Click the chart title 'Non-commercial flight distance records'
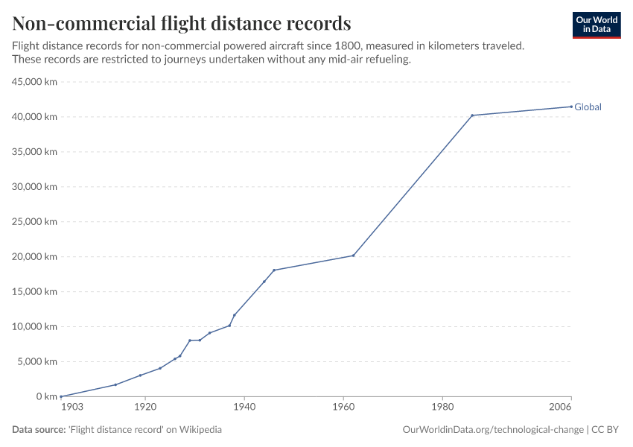182,22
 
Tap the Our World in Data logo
596,25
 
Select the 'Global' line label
588,107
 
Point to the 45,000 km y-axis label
34,82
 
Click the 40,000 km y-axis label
34,117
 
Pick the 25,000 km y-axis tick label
34,222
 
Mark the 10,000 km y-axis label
34,326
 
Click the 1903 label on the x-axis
71,408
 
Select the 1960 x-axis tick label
343,408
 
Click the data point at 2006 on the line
571,107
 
